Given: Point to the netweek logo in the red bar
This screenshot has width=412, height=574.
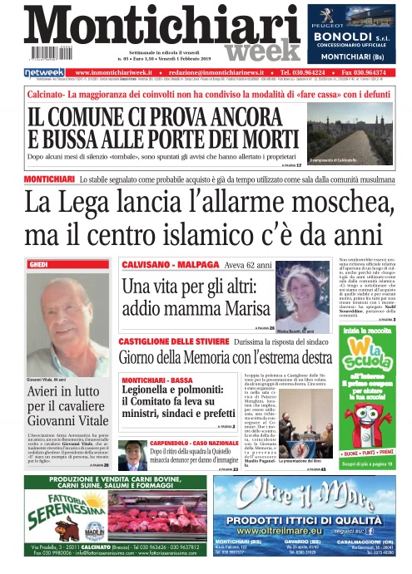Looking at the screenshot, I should click(44, 73).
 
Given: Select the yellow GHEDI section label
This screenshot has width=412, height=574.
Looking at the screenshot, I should click(39, 263).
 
